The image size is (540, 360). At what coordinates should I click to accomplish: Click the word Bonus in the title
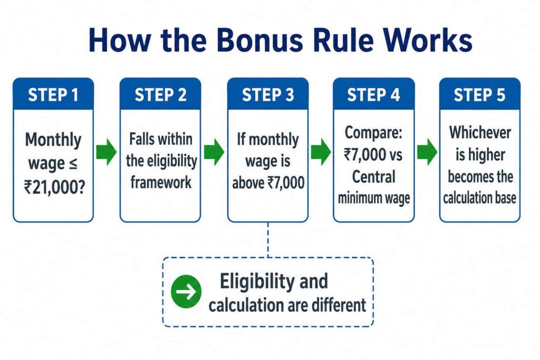[x=259, y=40]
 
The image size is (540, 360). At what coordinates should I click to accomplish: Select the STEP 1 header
[x=53, y=95]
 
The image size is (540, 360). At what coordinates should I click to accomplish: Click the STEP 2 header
[x=160, y=95]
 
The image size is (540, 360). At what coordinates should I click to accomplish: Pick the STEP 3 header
[x=268, y=95]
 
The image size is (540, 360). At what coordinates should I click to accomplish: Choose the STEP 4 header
[x=374, y=95]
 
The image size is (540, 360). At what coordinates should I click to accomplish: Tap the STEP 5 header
[x=479, y=95]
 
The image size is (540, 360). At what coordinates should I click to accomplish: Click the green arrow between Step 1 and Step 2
[x=107, y=152]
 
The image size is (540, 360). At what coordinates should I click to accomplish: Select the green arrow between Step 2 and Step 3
[x=214, y=152]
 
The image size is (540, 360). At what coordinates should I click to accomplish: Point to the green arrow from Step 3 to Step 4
[x=321, y=152]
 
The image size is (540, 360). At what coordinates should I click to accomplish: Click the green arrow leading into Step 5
[x=427, y=152]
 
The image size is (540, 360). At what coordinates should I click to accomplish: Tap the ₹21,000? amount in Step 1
[x=54, y=188]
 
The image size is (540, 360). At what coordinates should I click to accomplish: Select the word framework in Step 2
[x=161, y=182]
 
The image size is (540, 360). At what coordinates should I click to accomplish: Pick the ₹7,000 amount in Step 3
[x=286, y=182]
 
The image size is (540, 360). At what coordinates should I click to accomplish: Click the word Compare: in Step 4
[x=374, y=132]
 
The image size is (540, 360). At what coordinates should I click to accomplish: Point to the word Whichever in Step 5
[x=480, y=132]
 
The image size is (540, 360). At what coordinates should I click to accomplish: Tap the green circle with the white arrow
[x=186, y=291]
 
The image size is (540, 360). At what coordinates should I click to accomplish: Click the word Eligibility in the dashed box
[x=257, y=281]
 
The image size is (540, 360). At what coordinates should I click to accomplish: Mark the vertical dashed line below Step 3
[x=268, y=239]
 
